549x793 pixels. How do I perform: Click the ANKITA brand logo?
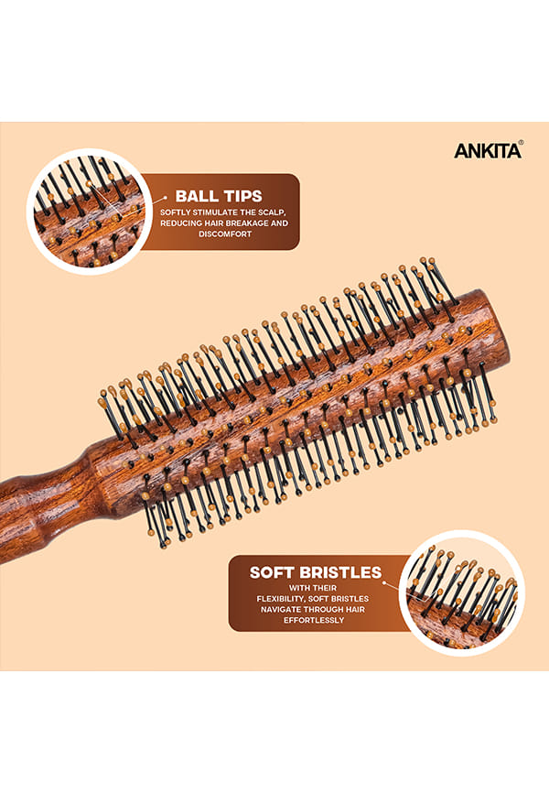click(488, 151)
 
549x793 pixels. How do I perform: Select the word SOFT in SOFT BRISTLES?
click(272, 572)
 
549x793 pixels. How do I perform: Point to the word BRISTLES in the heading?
click(339, 572)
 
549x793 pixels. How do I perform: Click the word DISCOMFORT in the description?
click(224, 234)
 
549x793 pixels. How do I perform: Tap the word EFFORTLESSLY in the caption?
click(314, 620)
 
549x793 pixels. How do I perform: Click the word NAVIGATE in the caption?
click(281, 610)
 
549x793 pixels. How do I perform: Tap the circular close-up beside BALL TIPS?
click(90, 211)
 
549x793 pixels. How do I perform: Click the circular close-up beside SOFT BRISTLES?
click(461, 592)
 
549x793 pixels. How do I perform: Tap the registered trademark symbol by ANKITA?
click(522, 143)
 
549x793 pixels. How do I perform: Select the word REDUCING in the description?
click(180, 223)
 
